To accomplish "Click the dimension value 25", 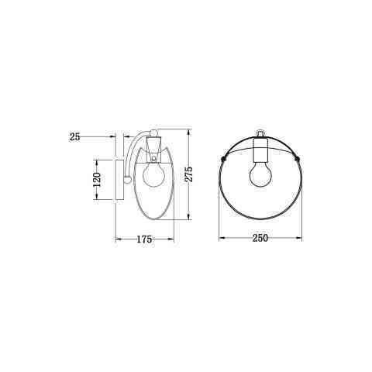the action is point(74,137).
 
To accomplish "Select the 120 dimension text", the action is point(96,180).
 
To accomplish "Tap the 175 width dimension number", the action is point(144,239).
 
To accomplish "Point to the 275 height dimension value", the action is point(189,174).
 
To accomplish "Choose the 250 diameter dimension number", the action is point(260,238).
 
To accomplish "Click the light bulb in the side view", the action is point(153,175).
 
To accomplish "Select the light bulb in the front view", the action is point(260,174).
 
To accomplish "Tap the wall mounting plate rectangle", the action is point(119,180).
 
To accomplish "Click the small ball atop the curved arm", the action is point(154,133).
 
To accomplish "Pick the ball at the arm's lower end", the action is point(127,180).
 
